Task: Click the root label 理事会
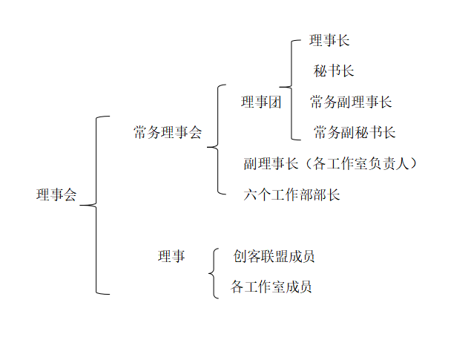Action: (56, 196)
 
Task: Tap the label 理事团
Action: (261, 103)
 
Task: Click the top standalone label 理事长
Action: (329, 41)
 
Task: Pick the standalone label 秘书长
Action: (334, 72)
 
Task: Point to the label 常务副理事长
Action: (351, 102)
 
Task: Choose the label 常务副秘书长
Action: (355, 134)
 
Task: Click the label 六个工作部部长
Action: (292, 195)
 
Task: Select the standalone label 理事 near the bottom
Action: (171, 257)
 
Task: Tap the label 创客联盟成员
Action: (274, 257)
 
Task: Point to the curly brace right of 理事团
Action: (292, 88)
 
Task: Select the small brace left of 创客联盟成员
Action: (214, 272)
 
